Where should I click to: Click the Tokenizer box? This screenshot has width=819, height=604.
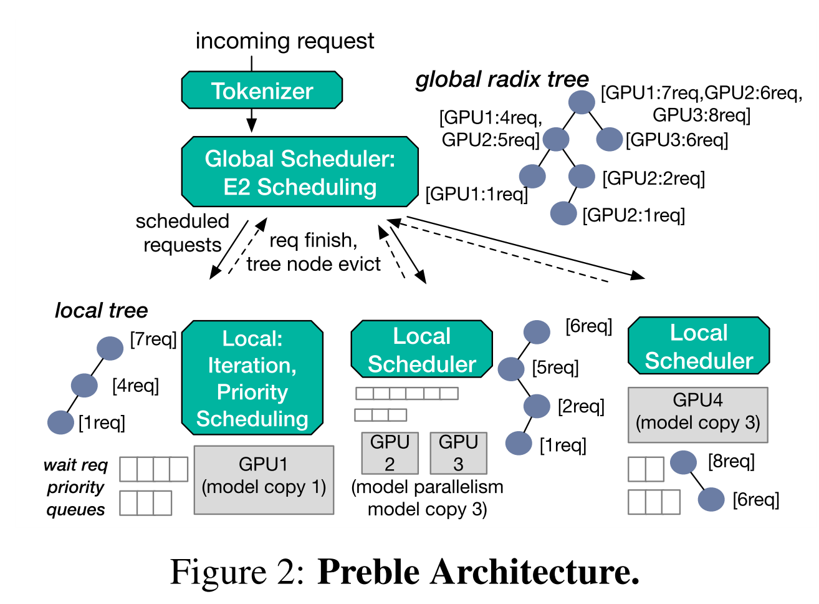[x=262, y=90]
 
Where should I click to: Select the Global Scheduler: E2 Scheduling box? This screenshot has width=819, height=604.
[x=300, y=172]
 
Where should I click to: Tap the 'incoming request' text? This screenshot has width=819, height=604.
[x=284, y=41]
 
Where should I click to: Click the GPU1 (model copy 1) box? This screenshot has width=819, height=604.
[x=264, y=480]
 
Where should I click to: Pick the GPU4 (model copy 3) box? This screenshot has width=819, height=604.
[x=697, y=415]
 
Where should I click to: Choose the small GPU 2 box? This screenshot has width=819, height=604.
[x=390, y=453]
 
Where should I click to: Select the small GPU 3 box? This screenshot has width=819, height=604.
[x=458, y=453]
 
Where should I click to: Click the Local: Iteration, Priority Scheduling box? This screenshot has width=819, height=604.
[x=252, y=378]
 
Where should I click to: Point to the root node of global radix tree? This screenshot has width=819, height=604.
[x=582, y=102]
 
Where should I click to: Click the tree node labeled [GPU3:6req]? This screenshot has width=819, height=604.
[x=609, y=140]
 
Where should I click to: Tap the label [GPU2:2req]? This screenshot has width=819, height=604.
[x=653, y=178]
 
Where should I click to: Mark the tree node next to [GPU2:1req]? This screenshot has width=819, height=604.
[x=563, y=213]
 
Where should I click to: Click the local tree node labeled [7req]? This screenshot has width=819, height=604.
[x=110, y=348]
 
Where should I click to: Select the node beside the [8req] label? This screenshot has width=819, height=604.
[x=683, y=462]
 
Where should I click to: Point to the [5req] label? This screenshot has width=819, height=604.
[x=555, y=368]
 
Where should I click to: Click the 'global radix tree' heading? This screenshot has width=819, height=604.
[x=502, y=79]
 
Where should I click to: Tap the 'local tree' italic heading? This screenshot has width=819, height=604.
[x=101, y=310]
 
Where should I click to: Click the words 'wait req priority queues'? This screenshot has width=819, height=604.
[x=75, y=487]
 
